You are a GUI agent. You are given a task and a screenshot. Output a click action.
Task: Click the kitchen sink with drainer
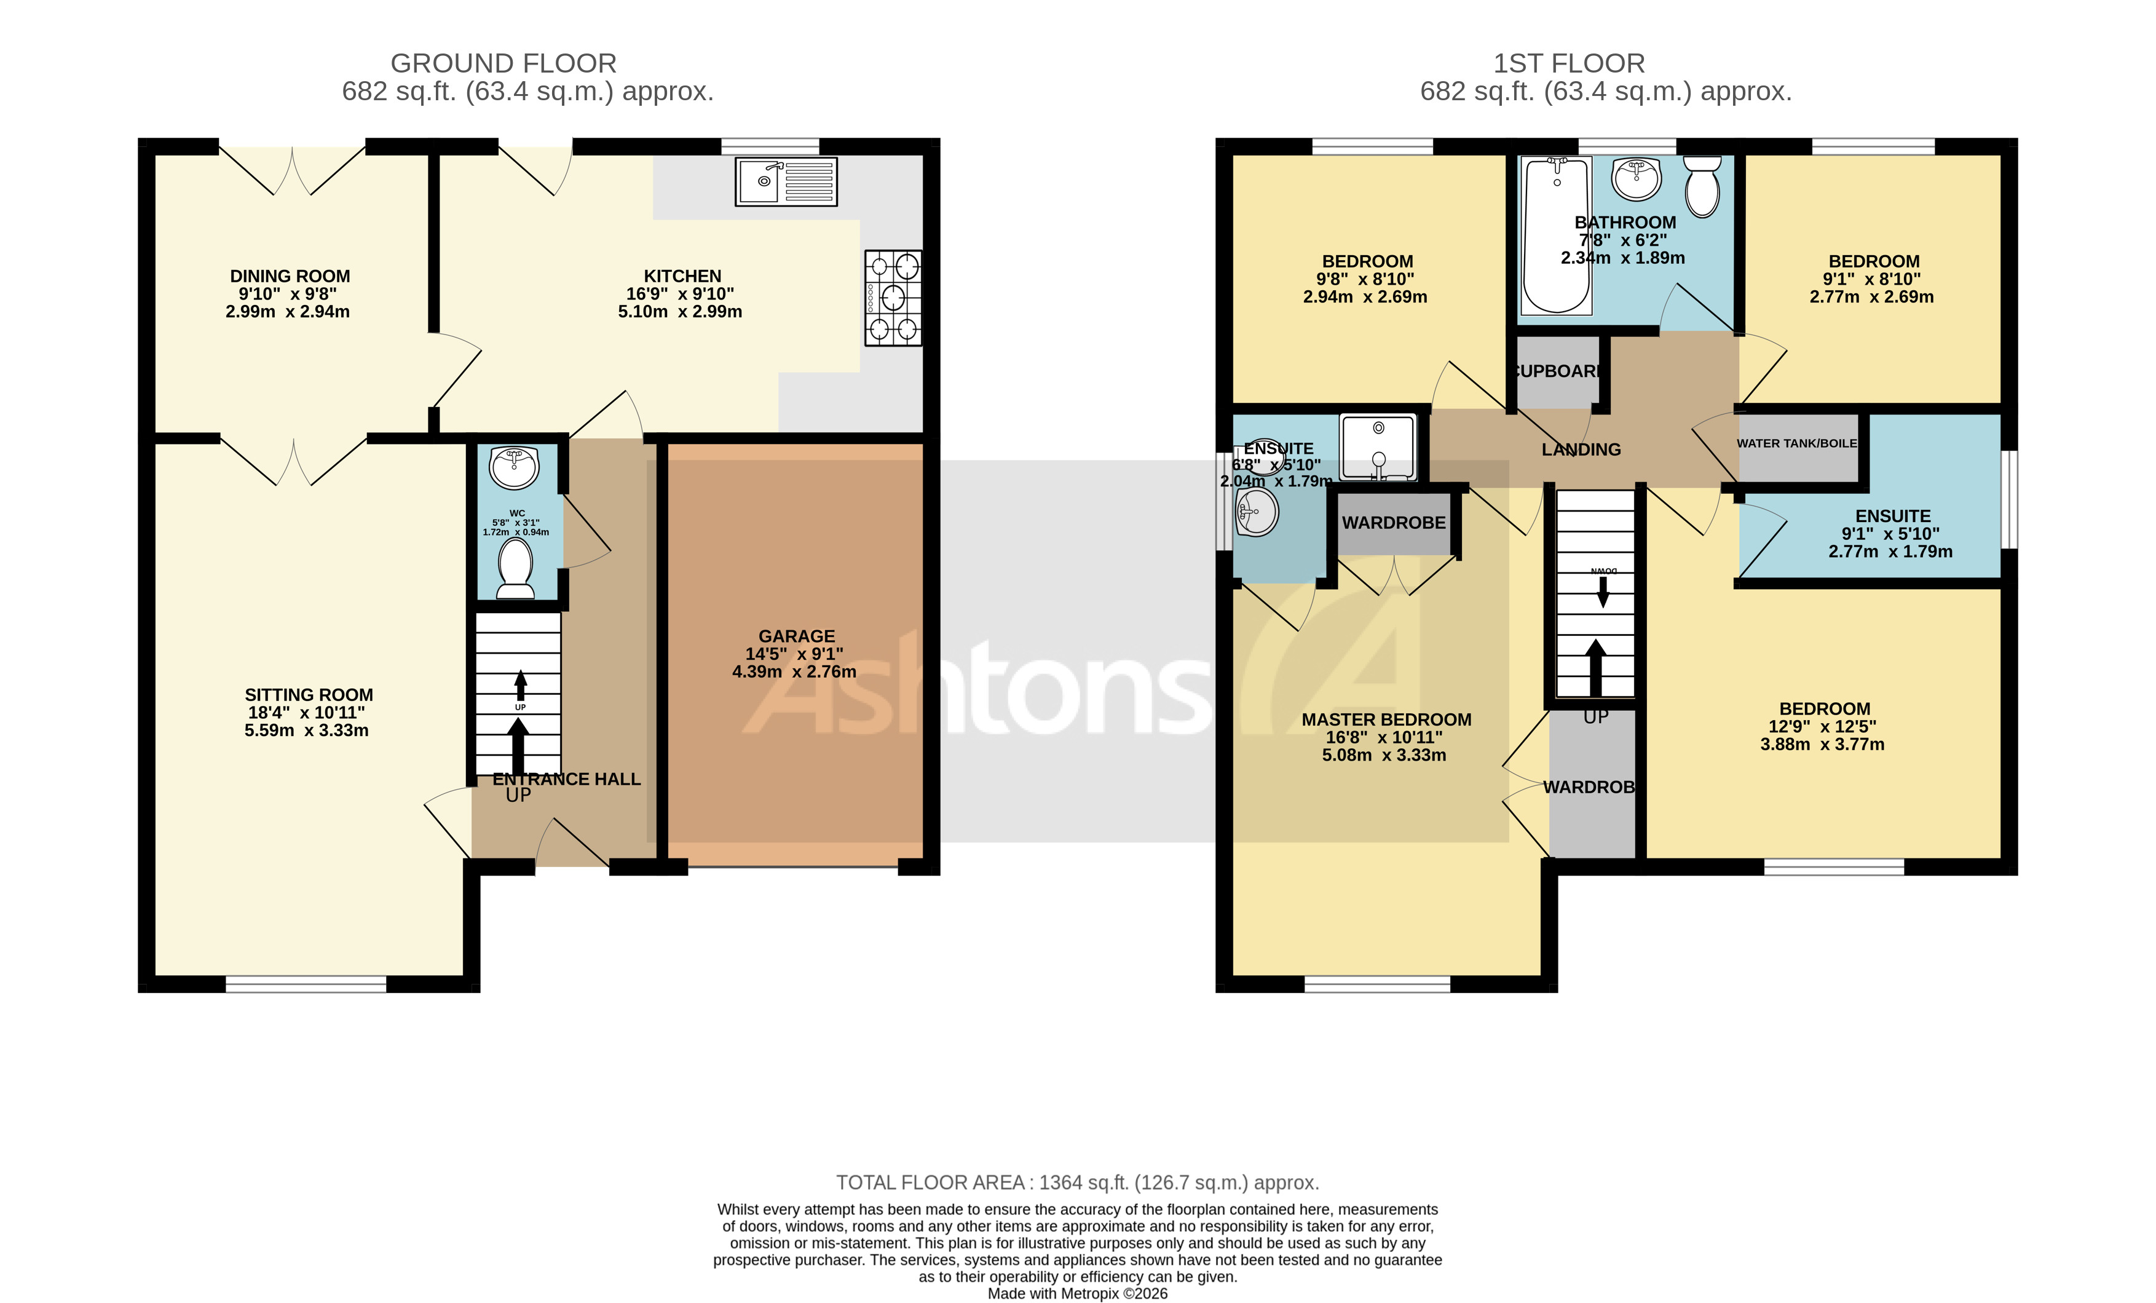pos(786,181)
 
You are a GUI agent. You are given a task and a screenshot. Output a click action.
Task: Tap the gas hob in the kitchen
pos(893,298)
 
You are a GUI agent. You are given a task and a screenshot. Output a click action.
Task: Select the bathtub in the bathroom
pos(1557,234)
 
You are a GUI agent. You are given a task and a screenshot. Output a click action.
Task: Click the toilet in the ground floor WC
pos(515,567)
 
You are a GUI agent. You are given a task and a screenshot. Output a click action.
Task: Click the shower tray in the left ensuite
pos(1378,447)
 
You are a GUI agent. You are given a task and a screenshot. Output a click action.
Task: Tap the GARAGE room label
pos(796,636)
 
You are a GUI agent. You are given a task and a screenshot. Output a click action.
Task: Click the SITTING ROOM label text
pos(308,695)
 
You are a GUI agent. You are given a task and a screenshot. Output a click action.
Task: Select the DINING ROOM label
pos(290,275)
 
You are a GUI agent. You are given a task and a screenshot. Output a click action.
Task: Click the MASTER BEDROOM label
pos(1386,719)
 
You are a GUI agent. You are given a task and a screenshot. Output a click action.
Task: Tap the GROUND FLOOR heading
pos(503,63)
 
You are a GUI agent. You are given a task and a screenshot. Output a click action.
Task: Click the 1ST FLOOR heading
pos(1568,63)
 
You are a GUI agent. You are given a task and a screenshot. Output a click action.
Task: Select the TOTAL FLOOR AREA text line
pos(1077,1182)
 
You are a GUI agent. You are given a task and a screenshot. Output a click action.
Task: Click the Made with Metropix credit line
pos(1077,1293)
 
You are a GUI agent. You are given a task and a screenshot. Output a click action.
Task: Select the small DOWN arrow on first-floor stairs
pos(1603,592)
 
